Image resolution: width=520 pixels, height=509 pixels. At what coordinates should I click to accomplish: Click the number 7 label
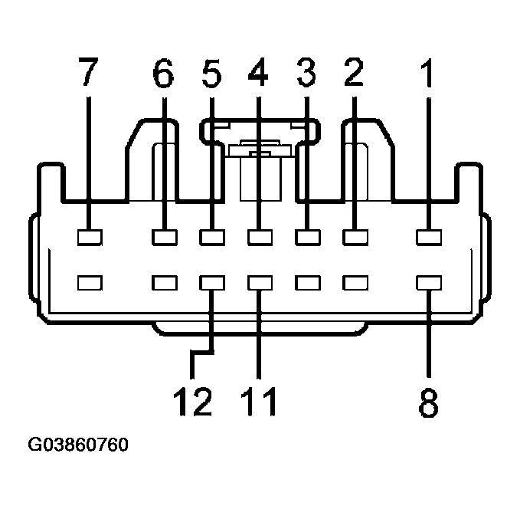click(89, 74)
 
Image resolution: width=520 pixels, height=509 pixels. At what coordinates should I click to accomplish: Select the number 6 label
click(163, 74)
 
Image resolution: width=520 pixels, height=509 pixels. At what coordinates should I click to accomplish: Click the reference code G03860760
click(78, 445)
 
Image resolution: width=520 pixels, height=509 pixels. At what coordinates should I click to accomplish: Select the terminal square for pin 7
click(90, 237)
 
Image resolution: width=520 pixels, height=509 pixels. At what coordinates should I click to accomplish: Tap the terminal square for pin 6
click(164, 237)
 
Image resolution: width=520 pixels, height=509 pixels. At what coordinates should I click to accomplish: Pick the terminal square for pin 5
click(212, 237)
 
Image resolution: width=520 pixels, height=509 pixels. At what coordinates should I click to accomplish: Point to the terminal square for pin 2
click(354, 237)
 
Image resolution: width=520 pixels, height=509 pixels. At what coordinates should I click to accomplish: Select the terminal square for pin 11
click(260, 283)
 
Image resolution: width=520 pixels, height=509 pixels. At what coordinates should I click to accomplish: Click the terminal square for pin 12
click(212, 283)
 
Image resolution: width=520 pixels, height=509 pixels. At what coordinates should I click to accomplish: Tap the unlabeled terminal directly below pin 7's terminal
click(90, 283)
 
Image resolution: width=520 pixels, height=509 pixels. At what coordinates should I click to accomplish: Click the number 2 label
click(353, 74)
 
